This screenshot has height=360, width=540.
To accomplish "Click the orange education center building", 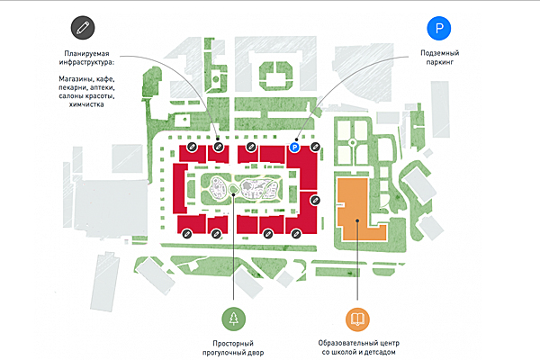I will pyautogui.click(x=355, y=209).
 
